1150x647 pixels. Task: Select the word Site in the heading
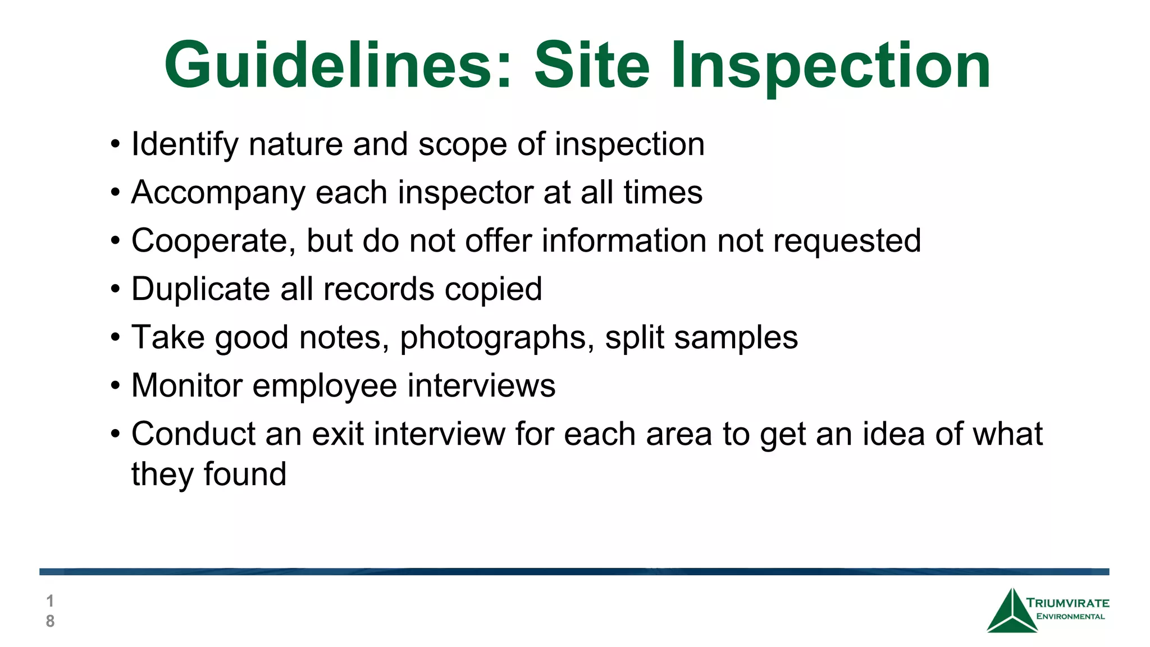point(591,65)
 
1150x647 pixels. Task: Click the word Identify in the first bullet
point(185,145)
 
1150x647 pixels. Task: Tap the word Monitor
point(186,386)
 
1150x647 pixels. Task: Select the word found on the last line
point(245,474)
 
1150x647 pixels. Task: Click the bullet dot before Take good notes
point(115,338)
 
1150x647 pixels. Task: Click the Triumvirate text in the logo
point(1067,603)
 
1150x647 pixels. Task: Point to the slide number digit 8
point(50,621)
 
